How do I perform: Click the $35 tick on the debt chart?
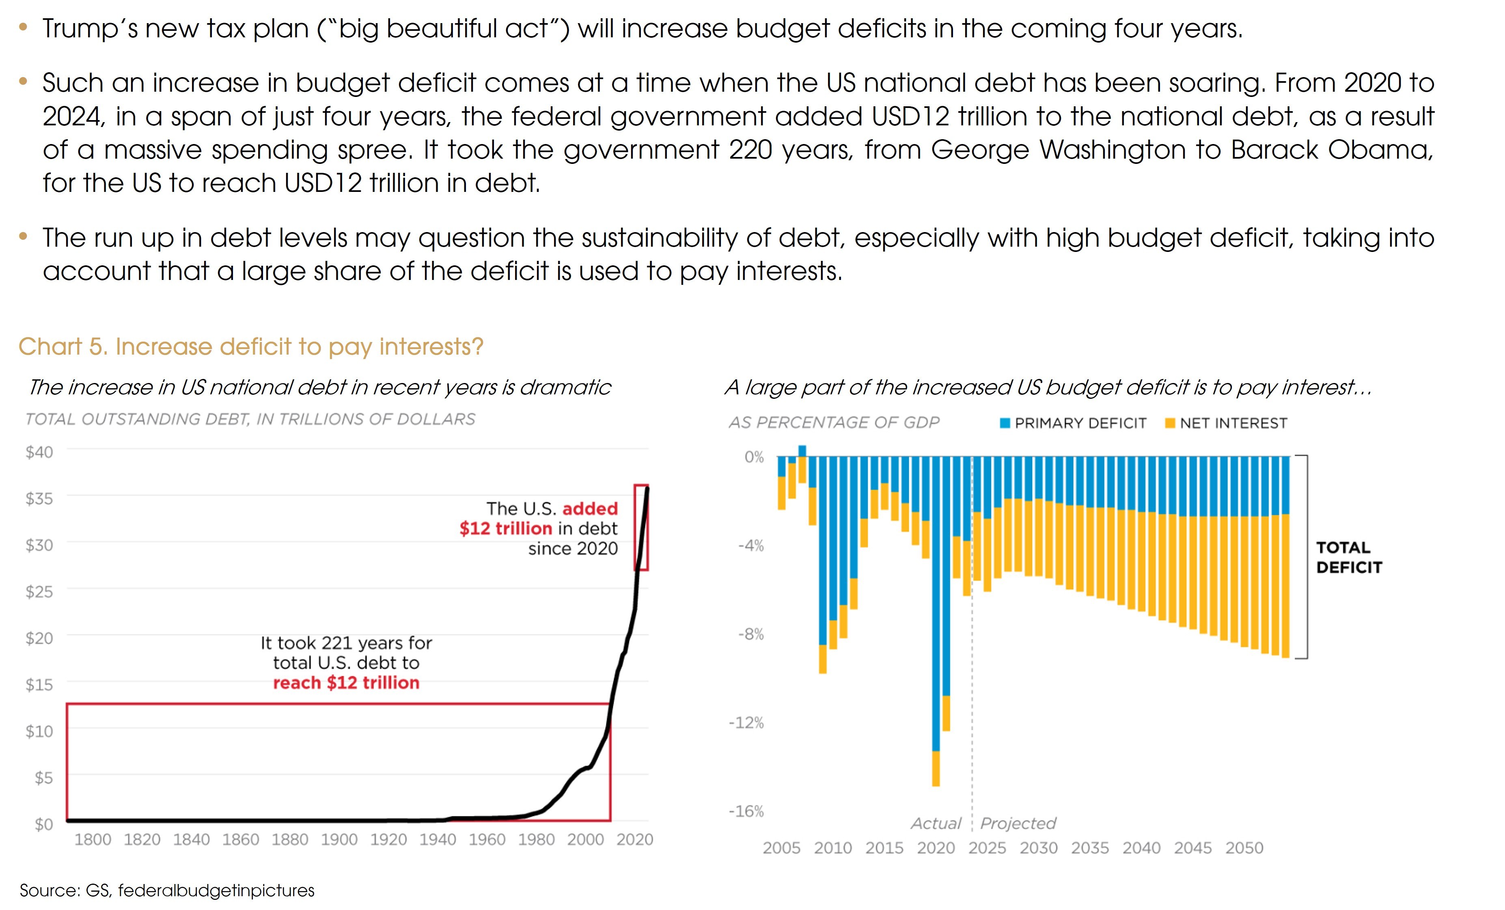[x=39, y=498]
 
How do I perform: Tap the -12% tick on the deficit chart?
[x=746, y=723]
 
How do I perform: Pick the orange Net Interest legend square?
[x=1170, y=423]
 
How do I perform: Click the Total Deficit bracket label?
[x=1349, y=557]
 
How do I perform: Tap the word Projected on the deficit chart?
[x=1018, y=823]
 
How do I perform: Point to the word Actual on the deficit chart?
[x=936, y=823]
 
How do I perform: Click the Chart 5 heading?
[x=250, y=346]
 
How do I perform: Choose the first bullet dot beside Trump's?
[x=23, y=28]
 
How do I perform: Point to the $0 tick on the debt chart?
[x=43, y=824]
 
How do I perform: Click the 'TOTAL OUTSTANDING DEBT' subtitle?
[x=250, y=419]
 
